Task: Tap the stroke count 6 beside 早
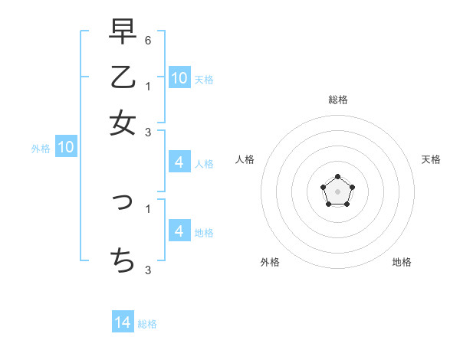coord(147,38)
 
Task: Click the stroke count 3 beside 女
coord(147,133)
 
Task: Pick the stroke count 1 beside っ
coord(147,208)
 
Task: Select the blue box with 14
coord(123,322)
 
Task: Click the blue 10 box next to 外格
coord(66,148)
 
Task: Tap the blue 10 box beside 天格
coord(179,78)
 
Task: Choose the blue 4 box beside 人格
coord(179,162)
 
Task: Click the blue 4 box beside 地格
coord(179,231)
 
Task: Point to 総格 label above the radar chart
coord(338,100)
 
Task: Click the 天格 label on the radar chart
coord(431,159)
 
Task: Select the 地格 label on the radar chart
coord(402,262)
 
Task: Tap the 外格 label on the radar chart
coord(270,262)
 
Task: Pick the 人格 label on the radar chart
coord(245,159)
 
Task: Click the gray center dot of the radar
coord(337,191)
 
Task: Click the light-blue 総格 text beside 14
coord(147,324)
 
